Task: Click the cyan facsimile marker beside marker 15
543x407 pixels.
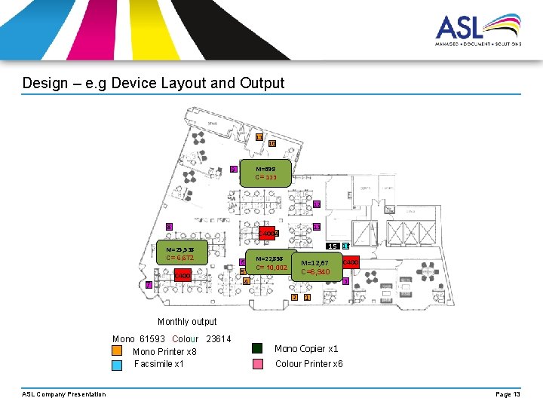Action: coord(345,246)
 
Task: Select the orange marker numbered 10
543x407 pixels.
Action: coord(271,143)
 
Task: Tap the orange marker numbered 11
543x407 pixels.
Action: coord(259,137)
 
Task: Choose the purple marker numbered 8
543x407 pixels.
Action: coord(170,227)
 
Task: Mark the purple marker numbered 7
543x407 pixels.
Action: coord(149,284)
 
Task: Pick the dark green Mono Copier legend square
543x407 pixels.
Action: coord(257,348)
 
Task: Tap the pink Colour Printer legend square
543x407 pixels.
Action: coord(257,364)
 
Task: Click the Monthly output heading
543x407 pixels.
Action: coord(187,322)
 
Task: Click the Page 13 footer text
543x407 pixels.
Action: coord(508,394)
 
